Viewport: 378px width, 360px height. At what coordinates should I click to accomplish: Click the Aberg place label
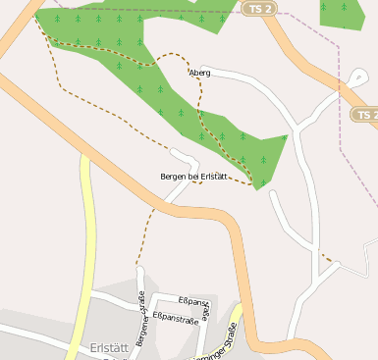[199, 73]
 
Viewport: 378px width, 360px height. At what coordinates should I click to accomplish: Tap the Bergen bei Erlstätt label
[193, 177]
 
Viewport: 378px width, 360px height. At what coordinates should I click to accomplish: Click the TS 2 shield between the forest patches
[256, 9]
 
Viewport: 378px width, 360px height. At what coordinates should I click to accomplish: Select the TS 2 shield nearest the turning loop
[364, 115]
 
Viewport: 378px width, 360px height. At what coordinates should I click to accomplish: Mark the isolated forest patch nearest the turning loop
[342, 11]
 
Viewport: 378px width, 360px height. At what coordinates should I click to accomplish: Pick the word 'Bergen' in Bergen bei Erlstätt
[174, 177]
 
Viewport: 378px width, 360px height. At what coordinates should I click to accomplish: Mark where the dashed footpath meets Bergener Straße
[138, 266]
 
